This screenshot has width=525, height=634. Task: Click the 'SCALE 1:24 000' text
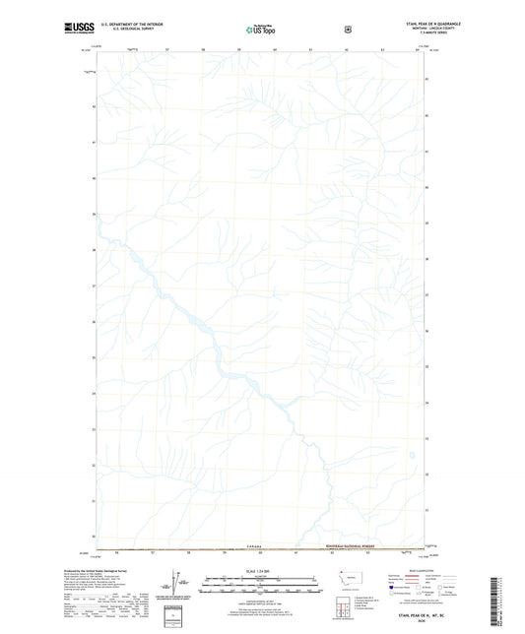coord(261,570)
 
